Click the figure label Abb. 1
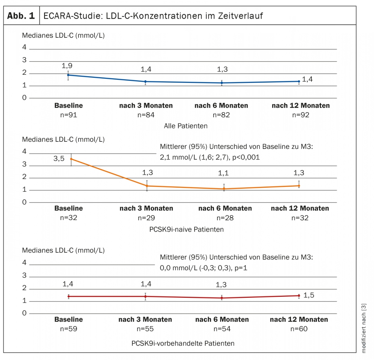coord(21,16)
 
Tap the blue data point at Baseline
coord(68,75)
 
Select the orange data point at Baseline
coord(71,159)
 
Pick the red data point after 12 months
coord(299,295)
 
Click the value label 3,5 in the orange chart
coord(59,158)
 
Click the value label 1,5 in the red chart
coord(309,295)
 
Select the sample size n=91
coord(69,115)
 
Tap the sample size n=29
coord(146,218)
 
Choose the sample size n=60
coord(299,329)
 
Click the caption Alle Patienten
coord(186,126)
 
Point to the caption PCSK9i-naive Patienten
coord(186,229)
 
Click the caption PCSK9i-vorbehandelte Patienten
coord(183,343)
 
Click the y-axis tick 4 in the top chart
coord(24,48)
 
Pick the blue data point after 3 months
coord(146,82)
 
